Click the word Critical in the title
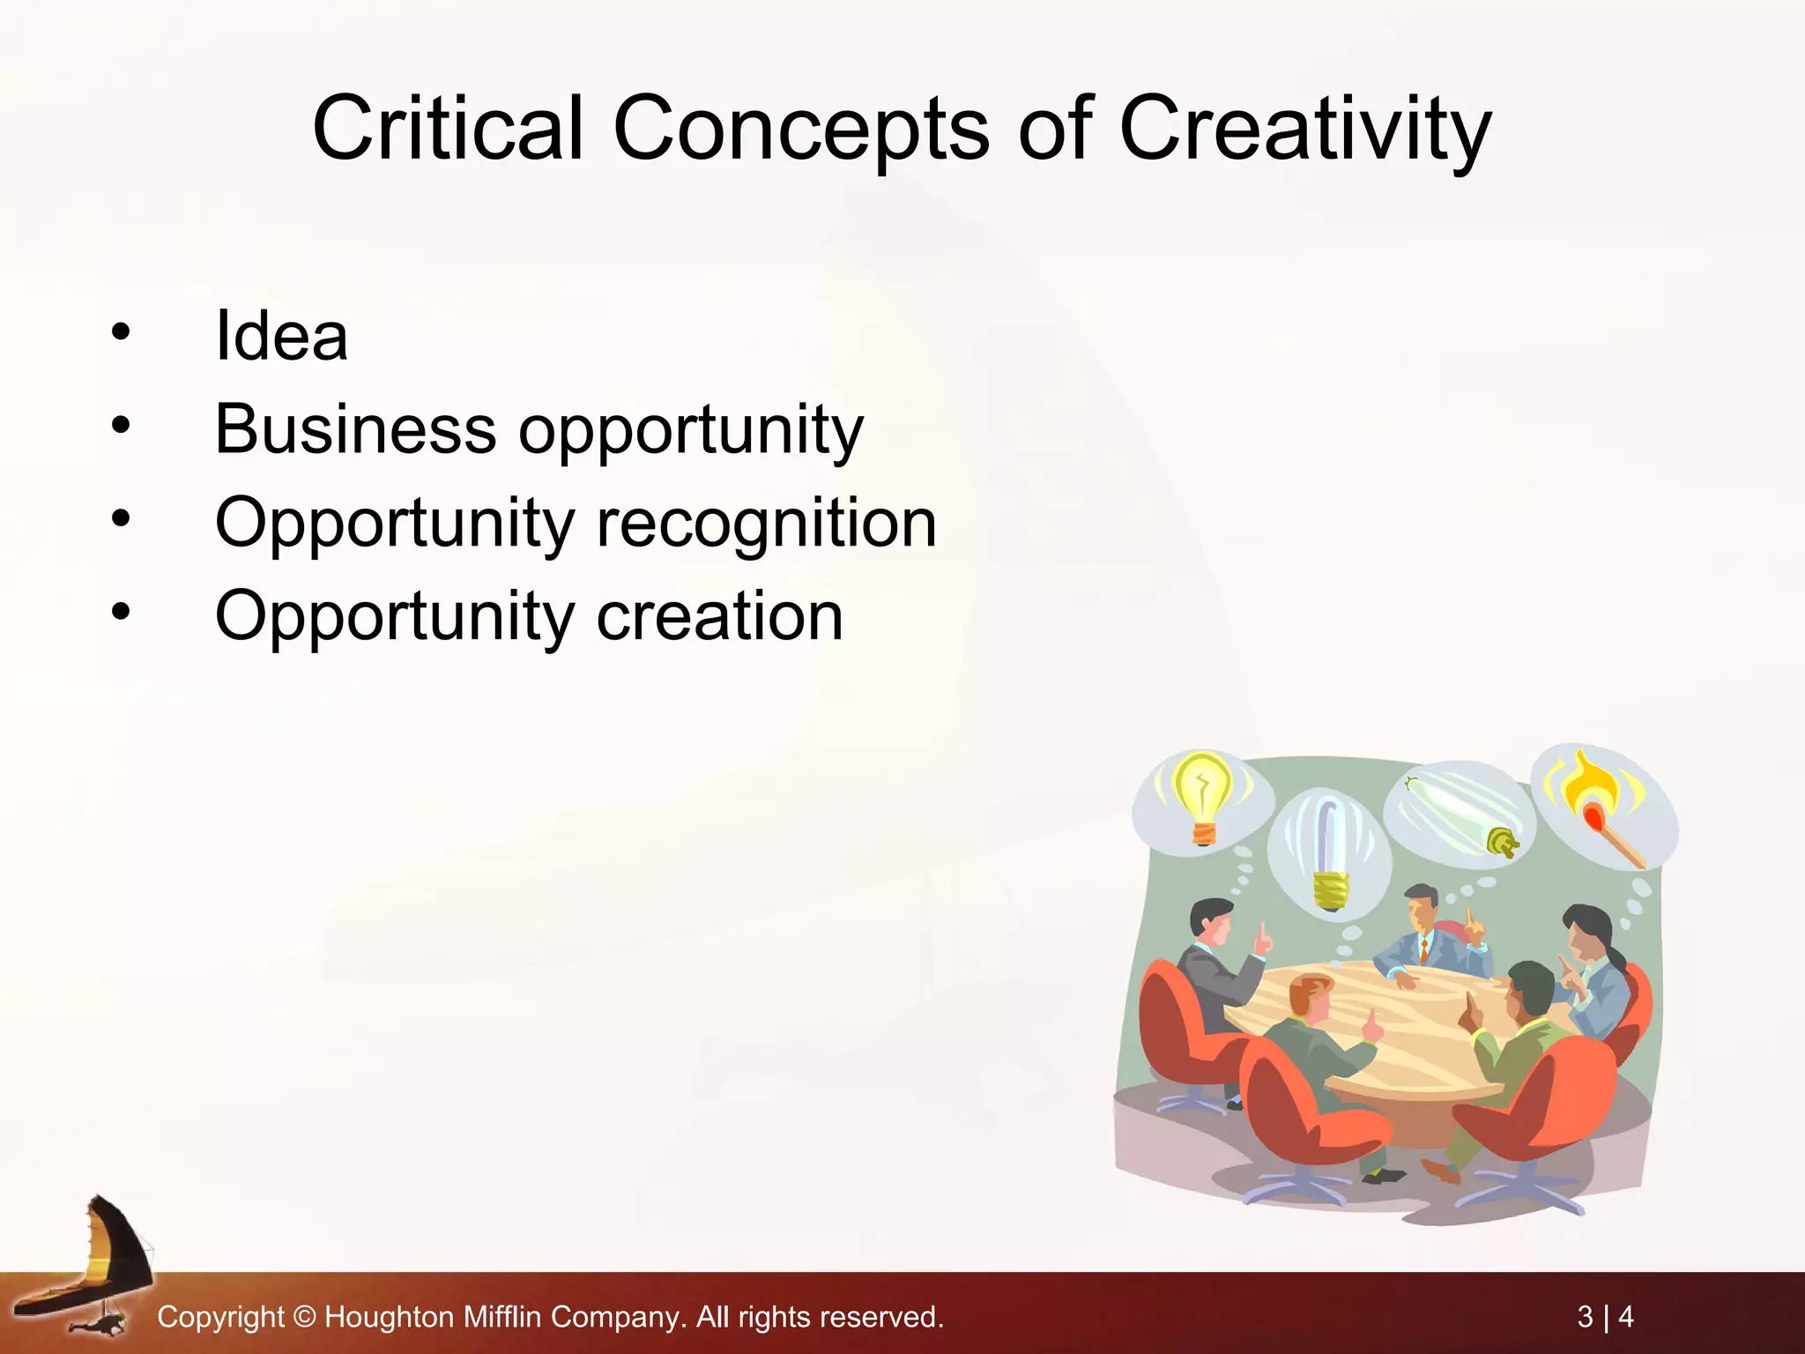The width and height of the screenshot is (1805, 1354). point(448,130)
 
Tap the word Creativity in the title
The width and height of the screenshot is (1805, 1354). point(1305,130)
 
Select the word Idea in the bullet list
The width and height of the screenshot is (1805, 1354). point(281,337)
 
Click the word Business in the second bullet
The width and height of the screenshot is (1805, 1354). point(355,430)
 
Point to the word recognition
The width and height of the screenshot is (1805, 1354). point(766,524)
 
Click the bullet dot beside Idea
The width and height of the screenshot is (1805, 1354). point(121,332)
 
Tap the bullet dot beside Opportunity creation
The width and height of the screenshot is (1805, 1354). point(121,611)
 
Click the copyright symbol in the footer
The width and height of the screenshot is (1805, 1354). point(304,1317)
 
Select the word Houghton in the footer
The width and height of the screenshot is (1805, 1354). point(389,1317)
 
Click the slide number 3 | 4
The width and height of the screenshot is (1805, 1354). point(1605,1317)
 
